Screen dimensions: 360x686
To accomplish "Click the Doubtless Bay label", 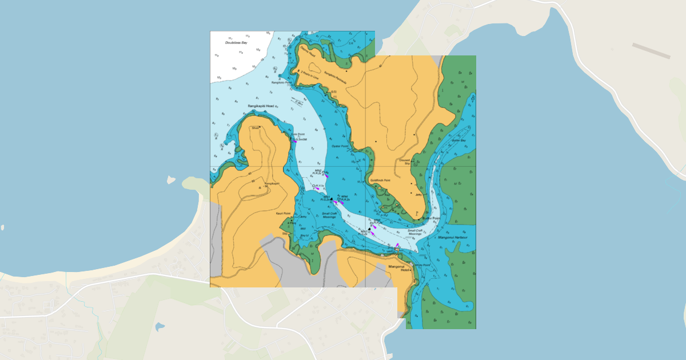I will [x=236, y=42].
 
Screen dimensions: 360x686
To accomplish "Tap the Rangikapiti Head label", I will [x=261, y=106].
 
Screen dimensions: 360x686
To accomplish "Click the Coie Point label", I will [x=298, y=134].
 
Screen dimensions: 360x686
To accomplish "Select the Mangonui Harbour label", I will [x=453, y=237].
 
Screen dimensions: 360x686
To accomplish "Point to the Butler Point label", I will [x=431, y=218].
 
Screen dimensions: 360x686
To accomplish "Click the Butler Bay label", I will [x=459, y=140].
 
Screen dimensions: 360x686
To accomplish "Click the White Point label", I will [x=422, y=265].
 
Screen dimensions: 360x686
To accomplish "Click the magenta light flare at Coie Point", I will [x=295, y=141].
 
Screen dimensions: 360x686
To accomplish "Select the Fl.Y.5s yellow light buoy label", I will [x=318, y=186].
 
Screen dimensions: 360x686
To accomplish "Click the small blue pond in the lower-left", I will [x=159, y=327].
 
